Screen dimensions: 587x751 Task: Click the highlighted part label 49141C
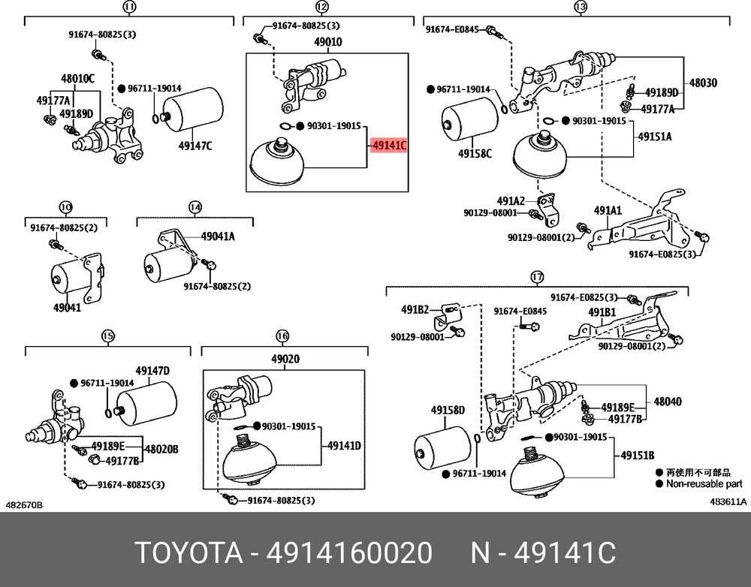(389, 146)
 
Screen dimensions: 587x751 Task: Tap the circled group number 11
(128, 8)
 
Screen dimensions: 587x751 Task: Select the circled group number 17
(536, 278)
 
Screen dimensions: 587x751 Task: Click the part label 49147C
(195, 146)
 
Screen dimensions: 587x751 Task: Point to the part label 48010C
(77, 78)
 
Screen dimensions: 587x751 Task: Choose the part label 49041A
(217, 236)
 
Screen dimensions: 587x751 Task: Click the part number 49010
(327, 42)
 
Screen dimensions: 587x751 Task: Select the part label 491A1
(608, 212)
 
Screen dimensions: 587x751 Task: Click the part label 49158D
(448, 411)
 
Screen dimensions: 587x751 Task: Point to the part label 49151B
(637, 455)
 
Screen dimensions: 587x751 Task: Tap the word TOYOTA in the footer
(189, 554)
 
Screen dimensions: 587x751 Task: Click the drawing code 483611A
(728, 501)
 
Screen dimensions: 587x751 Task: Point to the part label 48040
(667, 402)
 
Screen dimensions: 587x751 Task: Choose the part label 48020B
(161, 449)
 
